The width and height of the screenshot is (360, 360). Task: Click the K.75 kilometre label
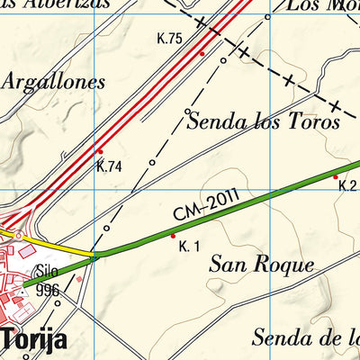[169, 38]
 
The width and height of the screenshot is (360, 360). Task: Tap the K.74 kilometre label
[109, 166]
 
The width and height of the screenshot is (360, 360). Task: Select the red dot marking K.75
[202, 54]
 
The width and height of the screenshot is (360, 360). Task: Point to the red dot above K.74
[100, 151]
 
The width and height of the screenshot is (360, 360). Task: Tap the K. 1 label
[188, 247]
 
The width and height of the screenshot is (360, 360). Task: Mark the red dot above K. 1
[173, 236]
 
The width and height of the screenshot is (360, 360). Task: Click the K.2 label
[347, 186]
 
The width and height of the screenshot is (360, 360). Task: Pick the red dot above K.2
[336, 176]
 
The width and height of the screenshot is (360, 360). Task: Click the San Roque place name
[261, 265]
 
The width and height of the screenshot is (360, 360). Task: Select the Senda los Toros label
[263, 121]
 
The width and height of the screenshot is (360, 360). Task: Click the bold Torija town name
[36, 340]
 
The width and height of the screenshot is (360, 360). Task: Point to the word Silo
[46, 270]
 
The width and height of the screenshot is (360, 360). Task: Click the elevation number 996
[48, 290]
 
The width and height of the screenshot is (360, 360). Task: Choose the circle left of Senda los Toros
[187, 112]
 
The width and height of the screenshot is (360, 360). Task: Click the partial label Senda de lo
[306, 338]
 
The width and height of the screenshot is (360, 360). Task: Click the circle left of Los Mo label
[267, 17]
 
